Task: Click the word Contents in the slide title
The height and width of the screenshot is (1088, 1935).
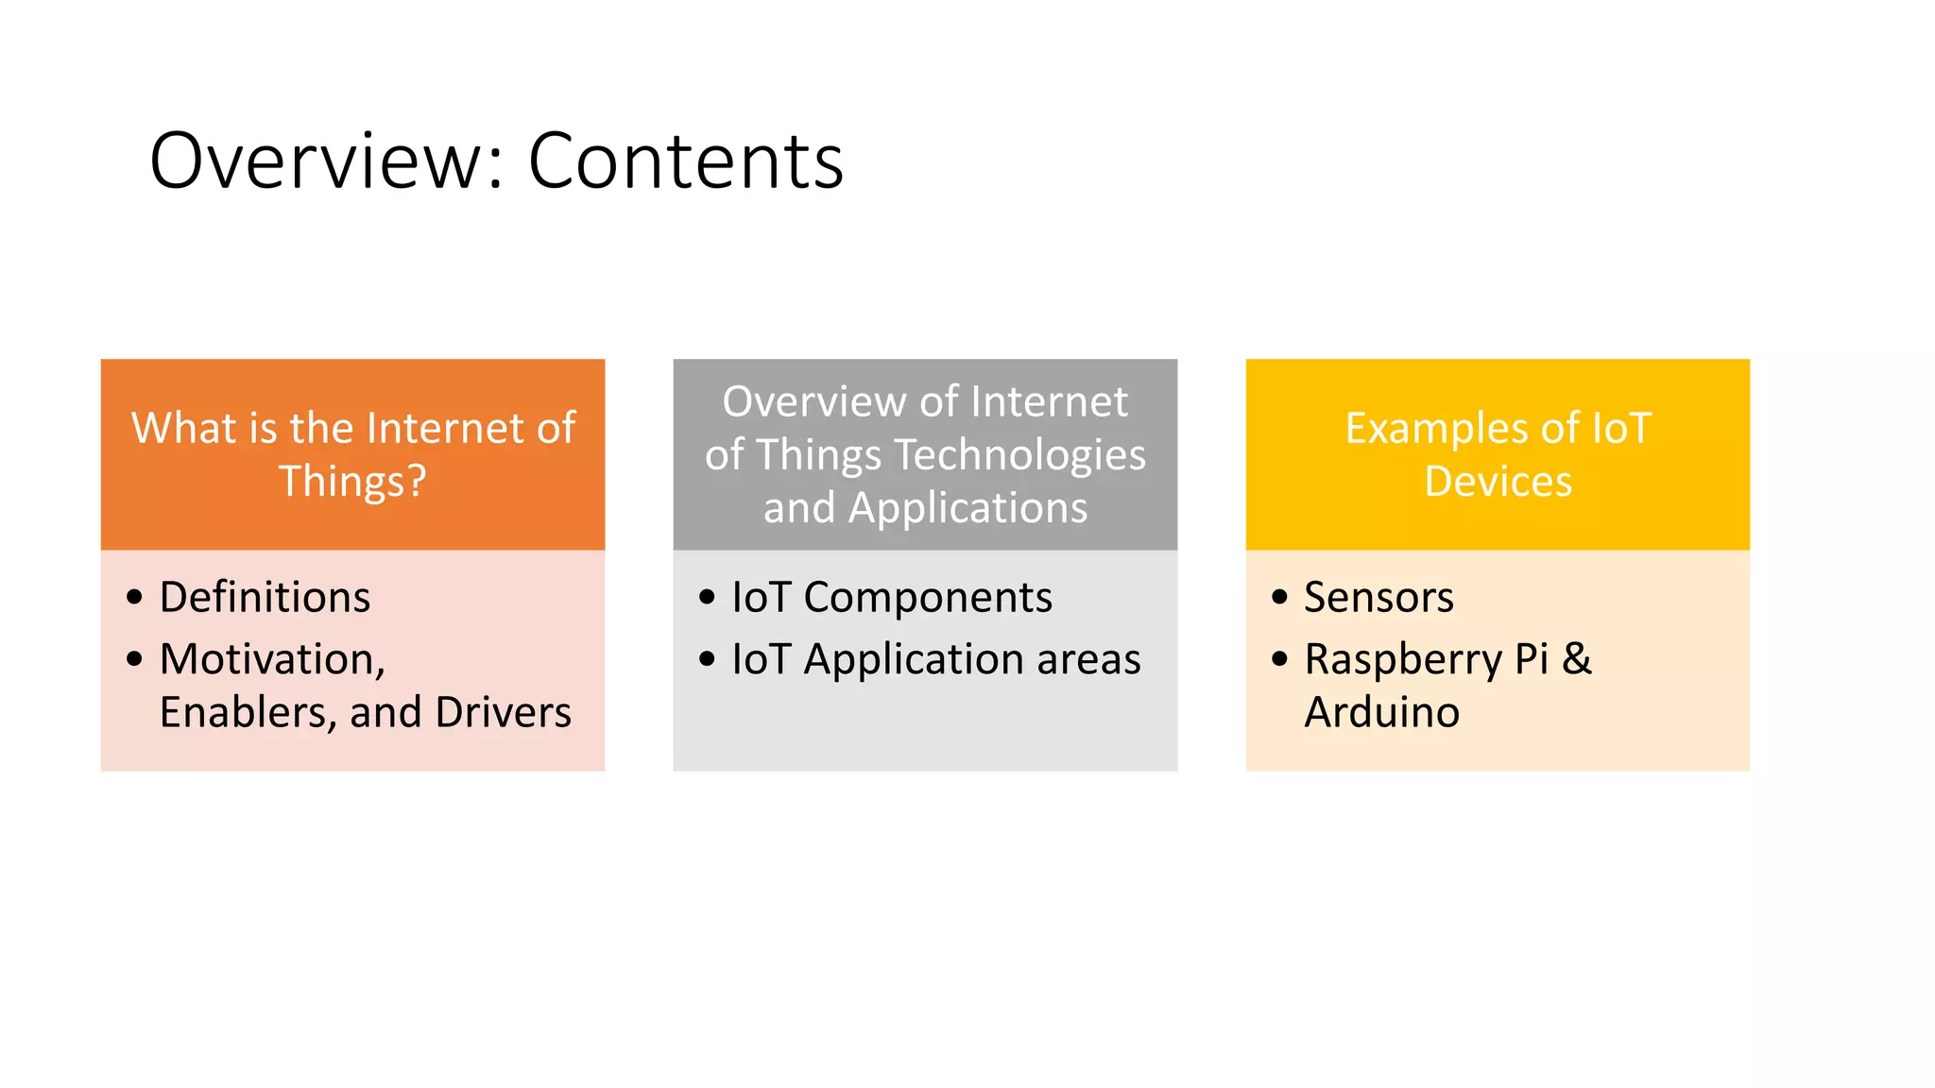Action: [x=685, y=161]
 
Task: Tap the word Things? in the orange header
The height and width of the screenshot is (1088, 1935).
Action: [x=352, y=482]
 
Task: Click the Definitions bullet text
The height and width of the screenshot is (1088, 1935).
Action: [x=265, y=597]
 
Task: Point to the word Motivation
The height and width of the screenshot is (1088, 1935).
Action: [x=272, y=659]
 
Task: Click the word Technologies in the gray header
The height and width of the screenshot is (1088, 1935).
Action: [x=1019, y=455]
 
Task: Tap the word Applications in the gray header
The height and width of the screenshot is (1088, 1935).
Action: [x=967, y=508]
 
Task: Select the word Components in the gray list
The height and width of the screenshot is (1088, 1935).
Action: [x=927, y=597]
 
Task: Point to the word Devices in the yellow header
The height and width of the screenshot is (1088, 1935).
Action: [x=1498, y=482]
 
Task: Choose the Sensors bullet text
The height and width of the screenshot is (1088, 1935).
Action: [x=1378, y=597]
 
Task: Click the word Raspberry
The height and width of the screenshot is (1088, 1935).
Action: [x=1402, y=659]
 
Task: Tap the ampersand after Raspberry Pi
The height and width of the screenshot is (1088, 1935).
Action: [x=1576, y=659]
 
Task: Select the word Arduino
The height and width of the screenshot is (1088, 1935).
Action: [x=1381, y=712]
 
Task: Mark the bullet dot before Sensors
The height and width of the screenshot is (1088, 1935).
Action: [x=1279, y=597]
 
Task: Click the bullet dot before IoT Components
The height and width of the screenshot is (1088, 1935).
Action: [x=707, y=597]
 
